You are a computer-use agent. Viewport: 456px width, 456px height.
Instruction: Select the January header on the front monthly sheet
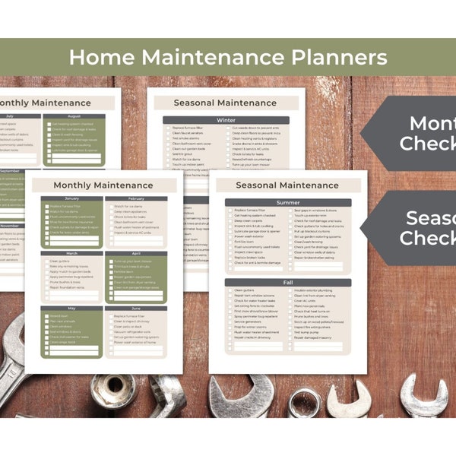(x=71, y=198)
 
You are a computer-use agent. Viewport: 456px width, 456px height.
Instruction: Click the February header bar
(x=136, y=198)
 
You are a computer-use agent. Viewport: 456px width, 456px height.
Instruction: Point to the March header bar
(x=71, y=254)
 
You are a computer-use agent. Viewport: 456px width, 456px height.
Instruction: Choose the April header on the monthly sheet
(x=136, y=254)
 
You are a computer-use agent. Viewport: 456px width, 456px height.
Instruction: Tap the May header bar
(x=71, y=309)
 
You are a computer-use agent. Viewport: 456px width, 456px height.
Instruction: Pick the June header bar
(x=136, y=309)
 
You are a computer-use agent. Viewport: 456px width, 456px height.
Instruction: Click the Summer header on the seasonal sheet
(x=288, y=203)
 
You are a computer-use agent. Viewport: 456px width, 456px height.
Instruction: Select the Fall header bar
(x=288, y=283)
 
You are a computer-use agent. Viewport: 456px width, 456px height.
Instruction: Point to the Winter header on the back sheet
(x=226, y=120)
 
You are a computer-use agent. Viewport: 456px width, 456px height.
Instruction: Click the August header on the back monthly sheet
(x=74, y=116)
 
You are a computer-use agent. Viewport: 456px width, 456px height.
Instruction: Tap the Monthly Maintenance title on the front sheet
(x=103, y=185)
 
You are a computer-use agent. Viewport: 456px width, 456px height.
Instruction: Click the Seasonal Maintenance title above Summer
(x=287, y=185)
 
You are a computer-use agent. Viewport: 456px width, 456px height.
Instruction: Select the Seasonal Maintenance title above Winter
(x=226, y=103)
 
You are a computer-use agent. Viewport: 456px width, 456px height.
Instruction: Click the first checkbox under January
(x=46, y=206)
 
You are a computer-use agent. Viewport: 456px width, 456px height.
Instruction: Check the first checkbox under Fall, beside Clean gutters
(x=229, y=290)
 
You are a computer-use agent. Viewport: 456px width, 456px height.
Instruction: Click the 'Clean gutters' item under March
(x=59, y=261)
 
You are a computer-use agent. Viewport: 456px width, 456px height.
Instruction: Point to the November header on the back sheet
(x=9, y=226)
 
